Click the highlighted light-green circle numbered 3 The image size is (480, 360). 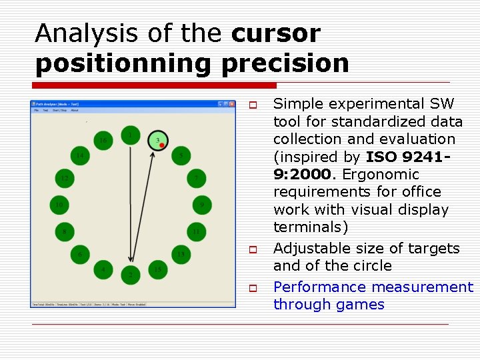point(158,140)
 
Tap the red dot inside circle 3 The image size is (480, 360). point(162,144)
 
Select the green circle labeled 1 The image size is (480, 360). point(131,135)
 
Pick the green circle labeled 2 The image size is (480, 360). point(131,274)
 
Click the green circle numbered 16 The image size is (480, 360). point(103,140)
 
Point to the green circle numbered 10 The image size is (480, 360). point(60,205)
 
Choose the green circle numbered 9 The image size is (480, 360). point(201,205)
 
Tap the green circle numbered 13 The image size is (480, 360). point(180,254)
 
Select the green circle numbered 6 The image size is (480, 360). point(81,254)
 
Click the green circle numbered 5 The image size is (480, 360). point(181,156)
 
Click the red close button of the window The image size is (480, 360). point(231,104)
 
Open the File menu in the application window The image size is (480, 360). point(36,111)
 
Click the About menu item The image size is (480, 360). point(75,111)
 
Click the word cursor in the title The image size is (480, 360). point(276,33)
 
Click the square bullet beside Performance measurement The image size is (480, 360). point(253,289)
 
